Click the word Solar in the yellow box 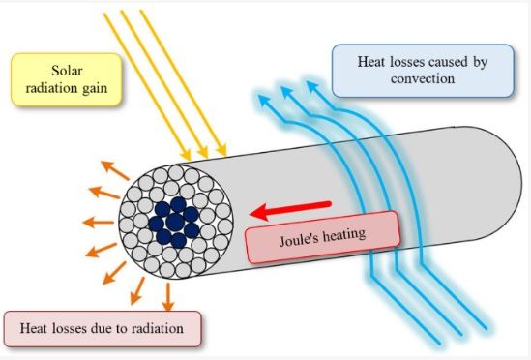coord(67,71)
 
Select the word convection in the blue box coord(423,78)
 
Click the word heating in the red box coord(344,234)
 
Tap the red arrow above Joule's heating coord(290,210)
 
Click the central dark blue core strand coord(175,222)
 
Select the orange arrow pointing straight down coord(168,296)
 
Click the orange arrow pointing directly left coord(99,223)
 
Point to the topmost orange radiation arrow coord(115,170)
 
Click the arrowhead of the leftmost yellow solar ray coord(186,155)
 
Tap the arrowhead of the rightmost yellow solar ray coord(221,150)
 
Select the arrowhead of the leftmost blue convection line coord(264,100)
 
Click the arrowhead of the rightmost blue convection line coord(312,86)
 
